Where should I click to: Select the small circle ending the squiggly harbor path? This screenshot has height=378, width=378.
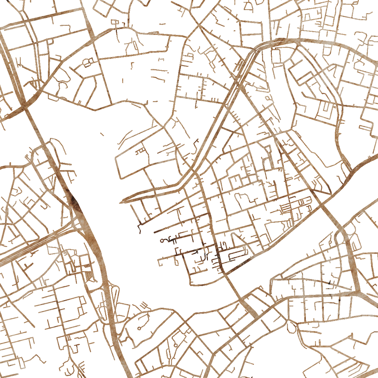click(162, 241)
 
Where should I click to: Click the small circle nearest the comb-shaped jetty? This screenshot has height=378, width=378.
click(139, 328)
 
